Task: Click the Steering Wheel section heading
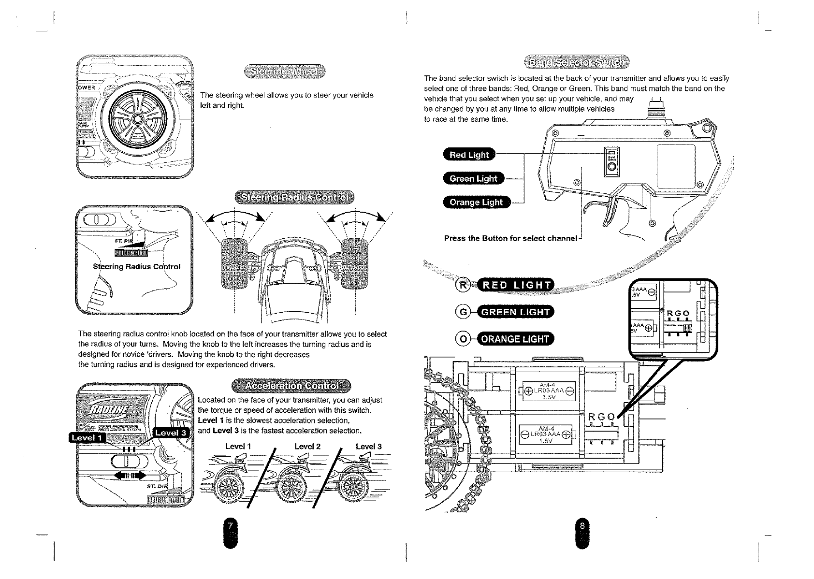coord(285,72)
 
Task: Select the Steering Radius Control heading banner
coord(294,198)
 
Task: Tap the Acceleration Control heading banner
coord(291,386)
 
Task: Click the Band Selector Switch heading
coord(577,62)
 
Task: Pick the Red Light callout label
coord(469,155)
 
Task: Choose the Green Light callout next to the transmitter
coord(473,178)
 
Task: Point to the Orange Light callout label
coord(476,202)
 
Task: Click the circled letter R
coord(463,286)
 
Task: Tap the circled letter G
coord(463,312)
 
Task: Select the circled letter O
coord(463,339)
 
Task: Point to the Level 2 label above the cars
coord(307,447)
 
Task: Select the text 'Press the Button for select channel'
coord(510,238)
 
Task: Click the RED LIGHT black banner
coord(515,286)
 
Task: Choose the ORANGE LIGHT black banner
coord(515,339)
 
